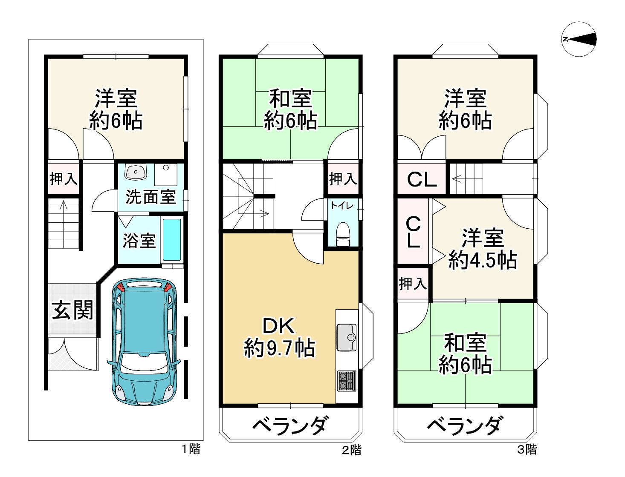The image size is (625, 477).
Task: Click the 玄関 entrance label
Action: (72, 310)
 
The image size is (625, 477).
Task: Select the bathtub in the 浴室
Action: (172, 240)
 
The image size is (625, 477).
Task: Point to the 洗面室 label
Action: (150, 197)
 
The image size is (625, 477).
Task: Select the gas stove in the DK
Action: (346, 380)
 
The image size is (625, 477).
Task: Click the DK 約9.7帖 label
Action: (279, 337)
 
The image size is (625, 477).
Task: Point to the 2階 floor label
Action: (352, 450)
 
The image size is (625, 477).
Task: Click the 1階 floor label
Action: (191, 448)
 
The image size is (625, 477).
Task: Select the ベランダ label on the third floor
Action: (465, 425)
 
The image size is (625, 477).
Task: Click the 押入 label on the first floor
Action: (64, 179)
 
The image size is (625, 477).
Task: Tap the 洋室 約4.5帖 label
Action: (483, 249)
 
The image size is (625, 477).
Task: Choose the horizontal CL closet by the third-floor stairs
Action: (422, 179)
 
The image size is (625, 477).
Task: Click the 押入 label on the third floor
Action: (413, 283)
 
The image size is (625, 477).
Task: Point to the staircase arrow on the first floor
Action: (64, 207)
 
